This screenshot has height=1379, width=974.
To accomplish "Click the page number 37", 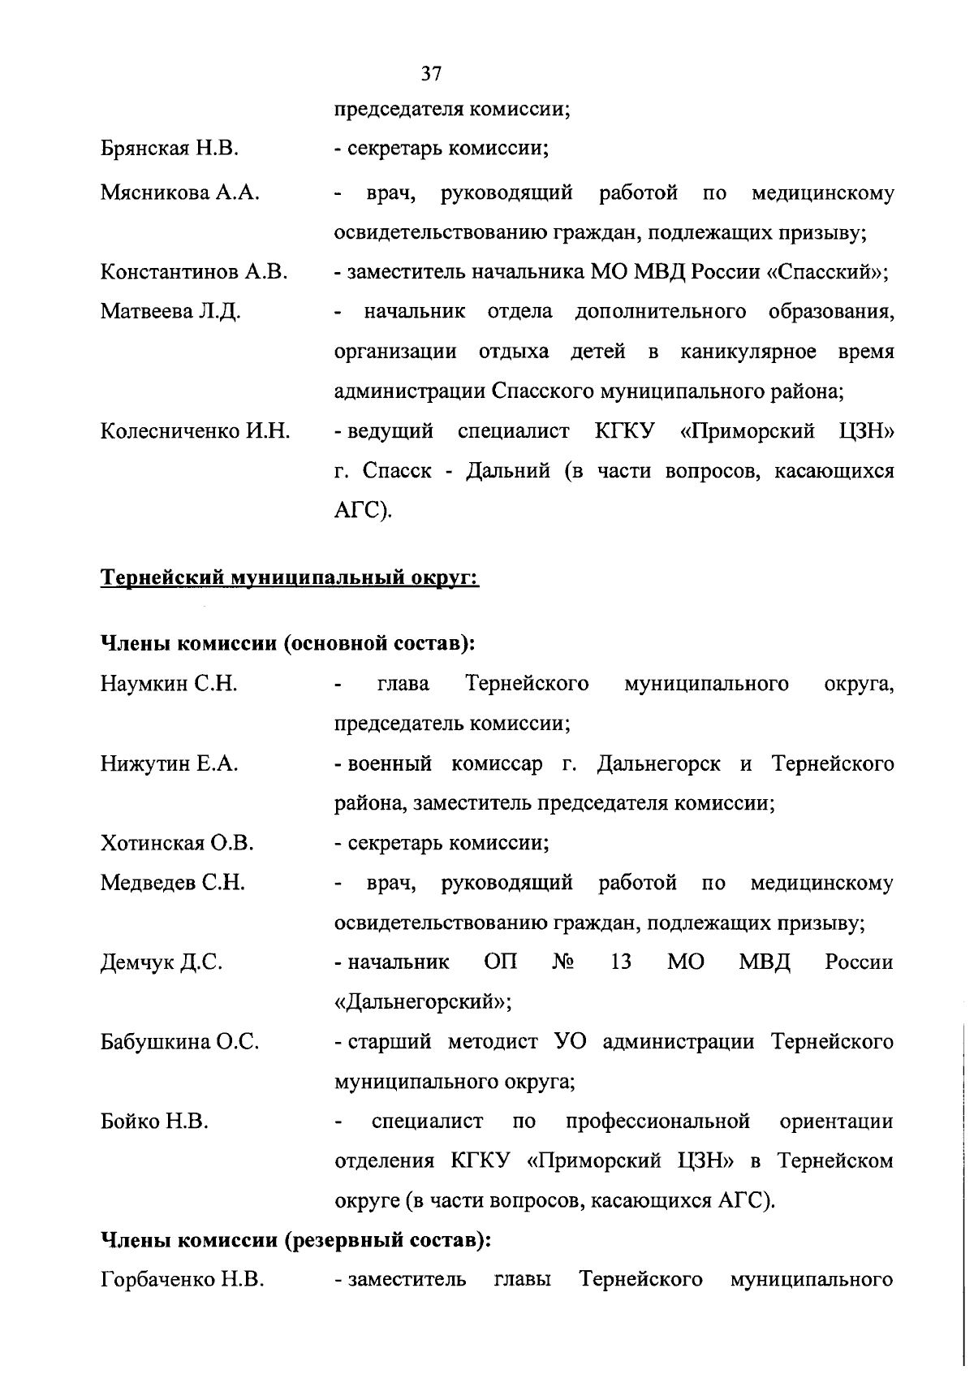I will click(x=431, y=74).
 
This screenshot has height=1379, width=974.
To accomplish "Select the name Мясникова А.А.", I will click(x=179, y=192).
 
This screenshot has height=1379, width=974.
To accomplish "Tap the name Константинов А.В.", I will click(x=194, y=272).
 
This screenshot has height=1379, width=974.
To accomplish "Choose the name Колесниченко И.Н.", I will click(x=195, y=431).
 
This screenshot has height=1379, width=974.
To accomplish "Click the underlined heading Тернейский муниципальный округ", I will click(x=289, y=578).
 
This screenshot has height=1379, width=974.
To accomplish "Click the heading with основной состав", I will click(x=287, y=643).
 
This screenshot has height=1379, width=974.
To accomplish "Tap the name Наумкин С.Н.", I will click(x=169, y=684).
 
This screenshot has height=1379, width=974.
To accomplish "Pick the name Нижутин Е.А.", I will click(x=169, y=763).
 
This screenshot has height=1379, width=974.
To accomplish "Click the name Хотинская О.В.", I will click(x=177, y=843).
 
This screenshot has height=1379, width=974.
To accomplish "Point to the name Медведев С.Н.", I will click(x=172, y=883).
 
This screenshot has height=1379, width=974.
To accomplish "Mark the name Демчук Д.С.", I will click(x=161, y=962).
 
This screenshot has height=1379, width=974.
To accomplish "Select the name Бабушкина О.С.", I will click(x=179, y=1042).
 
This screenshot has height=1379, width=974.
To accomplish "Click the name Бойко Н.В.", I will click(x=154, y=1122).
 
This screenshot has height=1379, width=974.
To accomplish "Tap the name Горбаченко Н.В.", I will click(x=182, y=1280).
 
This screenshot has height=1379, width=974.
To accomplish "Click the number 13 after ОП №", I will click(x=620, y=962).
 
